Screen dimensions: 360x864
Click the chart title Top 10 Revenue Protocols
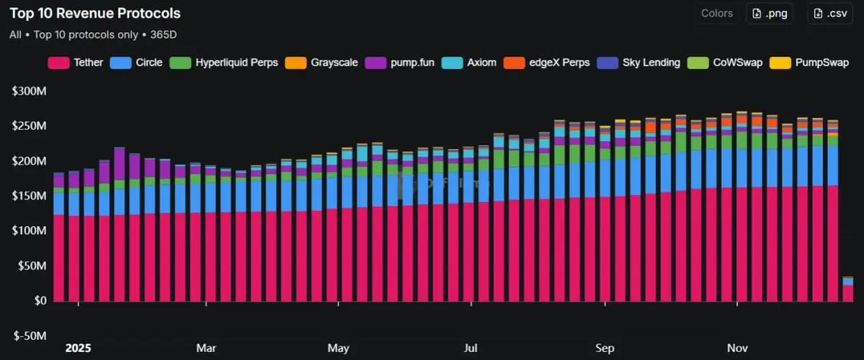point(95,14)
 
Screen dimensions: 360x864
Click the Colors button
point(716,14)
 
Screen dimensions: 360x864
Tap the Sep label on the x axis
point(605,348)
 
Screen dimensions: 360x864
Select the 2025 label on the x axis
point(78,348)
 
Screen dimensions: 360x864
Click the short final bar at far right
point(848,289)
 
